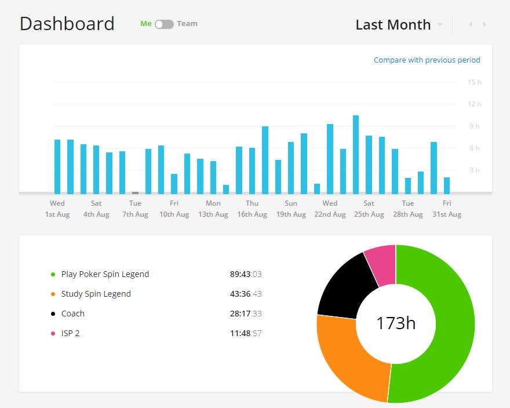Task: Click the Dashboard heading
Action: click(67, 24)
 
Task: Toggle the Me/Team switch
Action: click(164, 24)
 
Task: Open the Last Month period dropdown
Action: click(399, 25)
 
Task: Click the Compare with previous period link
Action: click(427, 60)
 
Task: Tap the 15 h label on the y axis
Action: click(474, 82)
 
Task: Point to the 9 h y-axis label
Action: click(475, 126)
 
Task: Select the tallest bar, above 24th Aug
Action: click(356, 155)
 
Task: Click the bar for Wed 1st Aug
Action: click(57, 166)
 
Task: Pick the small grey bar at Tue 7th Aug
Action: click(135, 193)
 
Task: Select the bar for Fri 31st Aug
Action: click(447, 186)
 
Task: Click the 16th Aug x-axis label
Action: click(252, 214)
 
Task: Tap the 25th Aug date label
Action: click(369, 214)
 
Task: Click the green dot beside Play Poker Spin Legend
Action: click(53, 275)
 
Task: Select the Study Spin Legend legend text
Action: click(96, 294)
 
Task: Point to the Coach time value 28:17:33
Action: click(246, 314)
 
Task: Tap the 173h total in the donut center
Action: click(396, 323)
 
